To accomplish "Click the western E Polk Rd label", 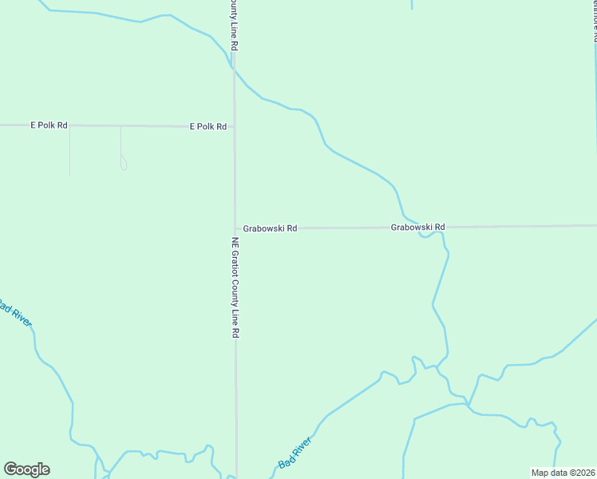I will (49, 125).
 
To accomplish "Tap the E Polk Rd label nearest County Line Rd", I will (208, 126).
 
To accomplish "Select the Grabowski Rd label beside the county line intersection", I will (270, 228).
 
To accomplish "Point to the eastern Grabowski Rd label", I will (417, 228).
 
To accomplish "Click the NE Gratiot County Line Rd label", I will (235, 287).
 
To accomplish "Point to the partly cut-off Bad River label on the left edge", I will (14, 311).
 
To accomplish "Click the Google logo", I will (26, 469).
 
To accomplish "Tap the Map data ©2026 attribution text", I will (563, 473).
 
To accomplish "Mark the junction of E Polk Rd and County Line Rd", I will (234, 126).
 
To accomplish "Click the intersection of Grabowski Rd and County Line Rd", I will (235, 228).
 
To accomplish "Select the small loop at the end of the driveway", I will (123, 165).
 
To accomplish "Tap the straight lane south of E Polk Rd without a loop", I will (69, 152).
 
